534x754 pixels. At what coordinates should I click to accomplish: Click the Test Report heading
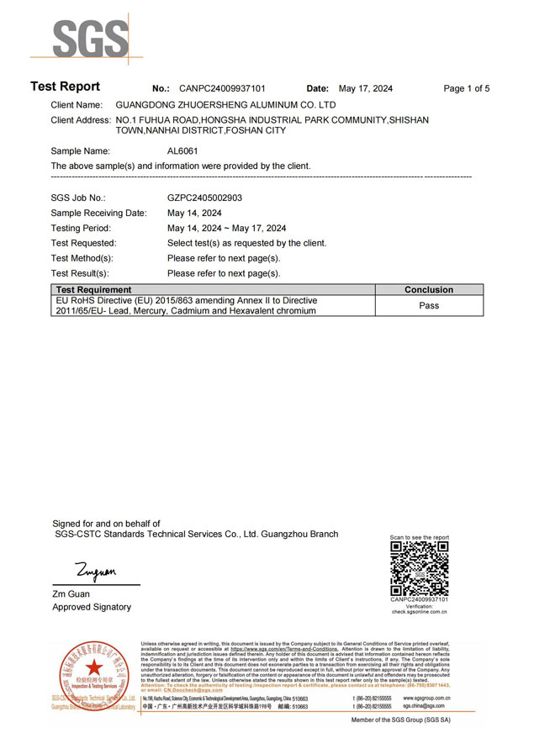(65, 87)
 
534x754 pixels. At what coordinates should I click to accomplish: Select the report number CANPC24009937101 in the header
(222, 88)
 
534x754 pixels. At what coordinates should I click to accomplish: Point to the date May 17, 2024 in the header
(365, 88)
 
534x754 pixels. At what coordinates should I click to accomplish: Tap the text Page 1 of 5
(466, 88)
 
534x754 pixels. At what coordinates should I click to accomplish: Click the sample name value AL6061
(182, 151)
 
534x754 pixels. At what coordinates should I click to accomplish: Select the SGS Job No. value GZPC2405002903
(206, 197)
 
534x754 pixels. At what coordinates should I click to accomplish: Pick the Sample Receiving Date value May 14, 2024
(194, 213)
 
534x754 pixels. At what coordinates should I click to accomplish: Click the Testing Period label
(81, 228)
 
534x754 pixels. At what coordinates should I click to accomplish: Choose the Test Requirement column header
(93, 290)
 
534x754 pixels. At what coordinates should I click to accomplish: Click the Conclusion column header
(428, 290)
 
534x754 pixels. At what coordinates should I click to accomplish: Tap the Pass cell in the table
(429, 305)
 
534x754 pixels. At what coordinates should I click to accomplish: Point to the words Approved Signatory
(92, 607)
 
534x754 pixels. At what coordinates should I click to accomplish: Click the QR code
(420, 568)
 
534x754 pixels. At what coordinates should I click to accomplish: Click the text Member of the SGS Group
(438, 720)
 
